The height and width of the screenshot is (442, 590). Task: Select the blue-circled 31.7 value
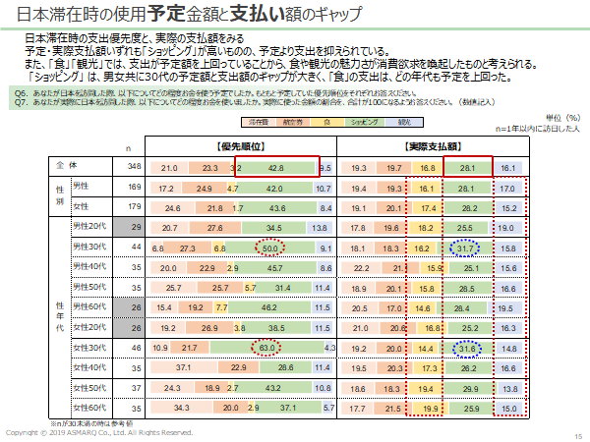466,249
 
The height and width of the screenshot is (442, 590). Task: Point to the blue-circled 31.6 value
466,348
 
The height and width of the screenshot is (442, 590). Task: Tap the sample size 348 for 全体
136,168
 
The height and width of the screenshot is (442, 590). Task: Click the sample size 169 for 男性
136,187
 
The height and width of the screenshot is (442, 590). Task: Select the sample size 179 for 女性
136,208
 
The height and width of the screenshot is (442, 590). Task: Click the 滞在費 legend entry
259,122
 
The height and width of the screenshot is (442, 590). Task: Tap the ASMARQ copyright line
98,433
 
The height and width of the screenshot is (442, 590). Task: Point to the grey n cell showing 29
136,228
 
